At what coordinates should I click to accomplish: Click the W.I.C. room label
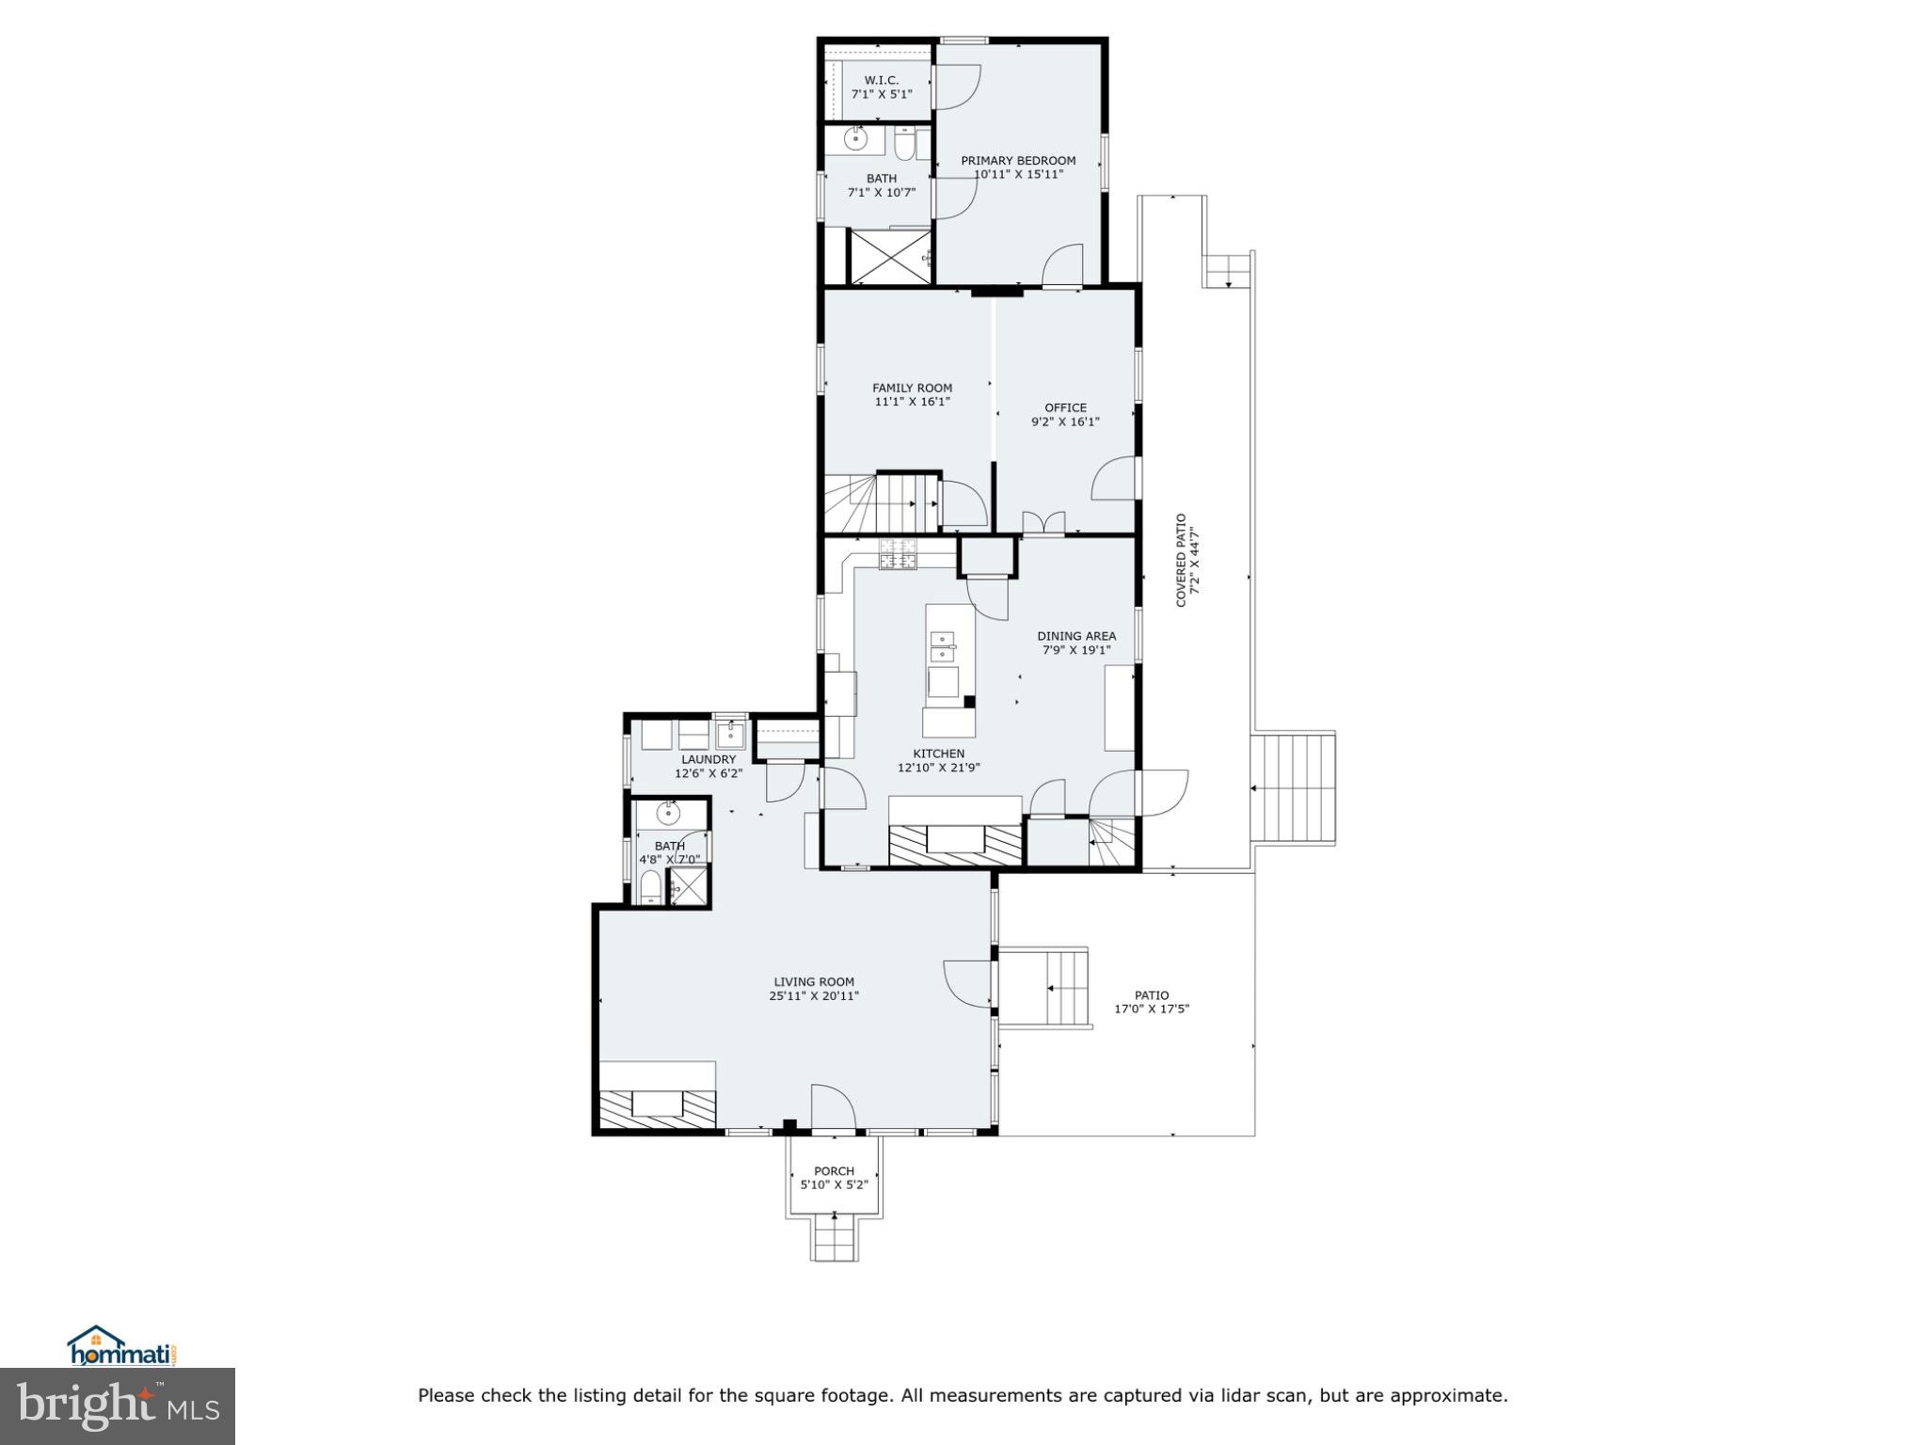(881, 81)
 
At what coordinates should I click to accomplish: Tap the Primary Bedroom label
(1017, 161)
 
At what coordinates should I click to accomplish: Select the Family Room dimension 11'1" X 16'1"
(912, 402)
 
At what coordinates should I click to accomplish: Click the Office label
(1065, 408)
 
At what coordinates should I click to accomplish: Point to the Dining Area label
(1076, 636)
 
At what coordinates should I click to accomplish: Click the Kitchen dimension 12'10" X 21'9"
(938, 768)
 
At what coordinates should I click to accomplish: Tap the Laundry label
(708, 760)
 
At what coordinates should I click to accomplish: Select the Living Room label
(814, 982)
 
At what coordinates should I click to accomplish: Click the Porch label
(834, 1171)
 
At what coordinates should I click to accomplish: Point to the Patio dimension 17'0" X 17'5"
(1152, 1008)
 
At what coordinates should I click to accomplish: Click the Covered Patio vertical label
(1182, 560)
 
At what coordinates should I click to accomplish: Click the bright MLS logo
(117, 1406)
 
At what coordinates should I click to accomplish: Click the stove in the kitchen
(898, 555)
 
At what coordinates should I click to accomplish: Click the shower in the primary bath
(889, 256)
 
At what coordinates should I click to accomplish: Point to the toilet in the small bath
(650, 885)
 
